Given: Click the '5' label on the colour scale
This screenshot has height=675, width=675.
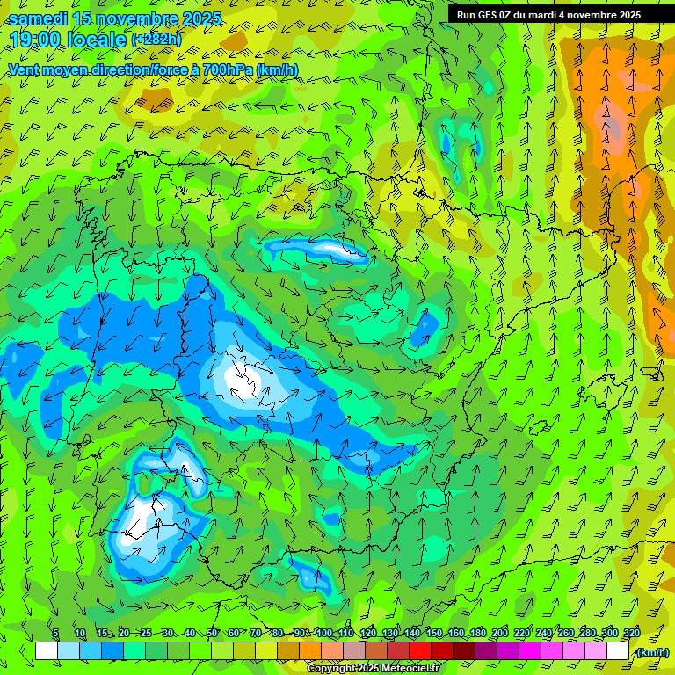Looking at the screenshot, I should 55,634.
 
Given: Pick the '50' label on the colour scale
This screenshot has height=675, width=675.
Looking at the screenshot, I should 212,634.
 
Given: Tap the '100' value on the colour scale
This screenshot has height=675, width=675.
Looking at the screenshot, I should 324,634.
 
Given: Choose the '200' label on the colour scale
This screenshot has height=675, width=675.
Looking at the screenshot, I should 500,634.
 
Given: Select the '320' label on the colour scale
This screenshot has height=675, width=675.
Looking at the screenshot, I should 631,634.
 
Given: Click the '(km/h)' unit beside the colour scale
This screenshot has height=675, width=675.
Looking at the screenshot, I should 652,651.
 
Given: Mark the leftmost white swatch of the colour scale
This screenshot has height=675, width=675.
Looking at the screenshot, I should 47,651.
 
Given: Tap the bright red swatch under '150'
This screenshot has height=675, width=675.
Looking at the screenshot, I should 420,651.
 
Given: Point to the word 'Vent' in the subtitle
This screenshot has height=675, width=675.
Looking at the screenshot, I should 25,69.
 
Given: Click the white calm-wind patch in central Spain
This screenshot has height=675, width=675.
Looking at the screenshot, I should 242,378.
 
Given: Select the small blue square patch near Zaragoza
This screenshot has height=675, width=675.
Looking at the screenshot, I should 425,328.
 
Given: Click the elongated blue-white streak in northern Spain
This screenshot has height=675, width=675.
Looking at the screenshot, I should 316,250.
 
